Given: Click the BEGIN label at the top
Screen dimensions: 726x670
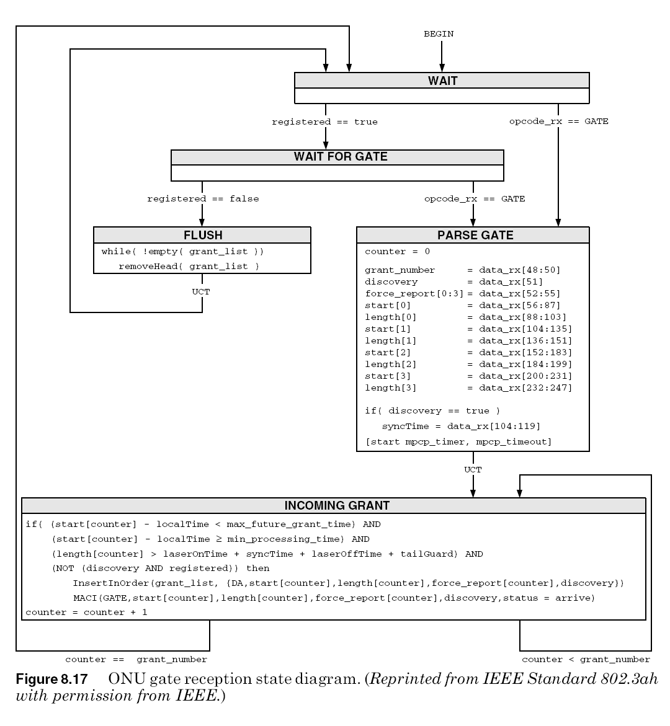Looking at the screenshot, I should coord(439,34).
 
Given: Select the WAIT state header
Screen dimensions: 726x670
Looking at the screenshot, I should coord(442,81).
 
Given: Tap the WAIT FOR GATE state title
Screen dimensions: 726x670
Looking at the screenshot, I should coord(340,157).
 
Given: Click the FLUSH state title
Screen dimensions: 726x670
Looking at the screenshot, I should coord(202,235).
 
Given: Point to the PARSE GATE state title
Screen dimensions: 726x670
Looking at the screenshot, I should coord(475,235).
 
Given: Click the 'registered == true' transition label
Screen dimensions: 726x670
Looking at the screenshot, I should coord(324,122).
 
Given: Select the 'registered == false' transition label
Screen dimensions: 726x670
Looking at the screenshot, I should coord(203,199).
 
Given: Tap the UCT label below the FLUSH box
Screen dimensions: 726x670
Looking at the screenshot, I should coord(201,291).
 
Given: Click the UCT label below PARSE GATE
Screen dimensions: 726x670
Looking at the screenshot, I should coord(473,469).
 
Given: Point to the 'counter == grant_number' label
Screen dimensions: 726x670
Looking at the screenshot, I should coord(136,660).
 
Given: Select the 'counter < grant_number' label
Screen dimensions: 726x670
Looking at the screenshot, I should coord(586,660).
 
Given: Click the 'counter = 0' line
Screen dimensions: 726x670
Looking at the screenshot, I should coord(397,252).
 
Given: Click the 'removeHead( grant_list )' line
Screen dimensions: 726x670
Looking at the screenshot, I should coord(189,267).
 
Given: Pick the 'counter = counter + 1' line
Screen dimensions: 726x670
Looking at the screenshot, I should coord(86,613).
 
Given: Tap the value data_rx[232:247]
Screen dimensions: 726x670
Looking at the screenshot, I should coord(525,388).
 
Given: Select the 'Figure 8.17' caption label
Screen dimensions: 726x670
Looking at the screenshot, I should coord(51,677).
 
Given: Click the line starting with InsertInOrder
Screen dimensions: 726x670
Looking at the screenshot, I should coord(348,583).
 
